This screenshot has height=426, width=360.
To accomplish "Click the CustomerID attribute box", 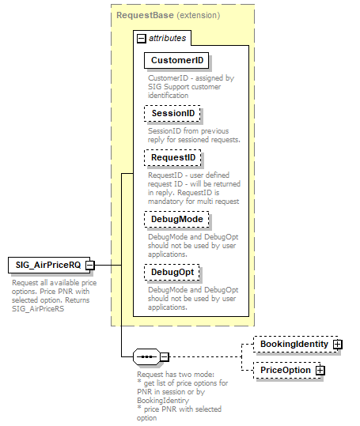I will pyautogui.click(x=175, y=61).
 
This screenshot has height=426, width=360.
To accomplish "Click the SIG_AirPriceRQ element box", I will pyautogui.click(x=46, y=265).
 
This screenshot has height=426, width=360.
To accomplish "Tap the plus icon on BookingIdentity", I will pyautogui.click(x=338, y=345).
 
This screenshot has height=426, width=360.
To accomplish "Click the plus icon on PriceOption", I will pyautogui.click(x=320, y=370).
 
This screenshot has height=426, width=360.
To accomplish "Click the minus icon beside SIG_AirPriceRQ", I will pyautogui.click(x=90, y=265).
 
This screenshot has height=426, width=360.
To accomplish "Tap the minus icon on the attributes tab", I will pyautogui.click(x=141, y=38).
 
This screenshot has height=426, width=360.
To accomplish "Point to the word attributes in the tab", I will pyautogui.click(x=166, y=38).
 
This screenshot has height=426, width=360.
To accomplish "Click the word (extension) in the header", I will pyautogui.click(x=198, y=14).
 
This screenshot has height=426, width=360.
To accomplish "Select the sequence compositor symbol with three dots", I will pyautogui.click(x=146, y=357).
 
